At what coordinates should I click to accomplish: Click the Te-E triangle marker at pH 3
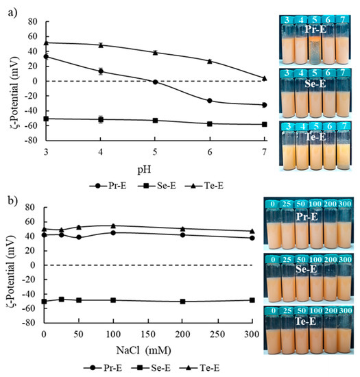pyautogui.click(x=46, y=42)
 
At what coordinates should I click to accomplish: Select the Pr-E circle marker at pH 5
pyautogui.click(x=156, y=82)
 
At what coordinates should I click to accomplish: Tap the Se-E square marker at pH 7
pyautogui.click(x=265, y=124)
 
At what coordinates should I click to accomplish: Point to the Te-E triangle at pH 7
pyautogui.click(x=265, y=78)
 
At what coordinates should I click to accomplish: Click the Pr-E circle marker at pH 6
pyautogui.click(x=210, y=101)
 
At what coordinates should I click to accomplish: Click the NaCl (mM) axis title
pyautogui.click(x=155, y=352)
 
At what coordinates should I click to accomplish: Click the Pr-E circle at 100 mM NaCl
pyautogui.click(x=113, y=232)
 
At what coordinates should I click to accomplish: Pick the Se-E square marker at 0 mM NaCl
pyautogui.click(x=44, y=301)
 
